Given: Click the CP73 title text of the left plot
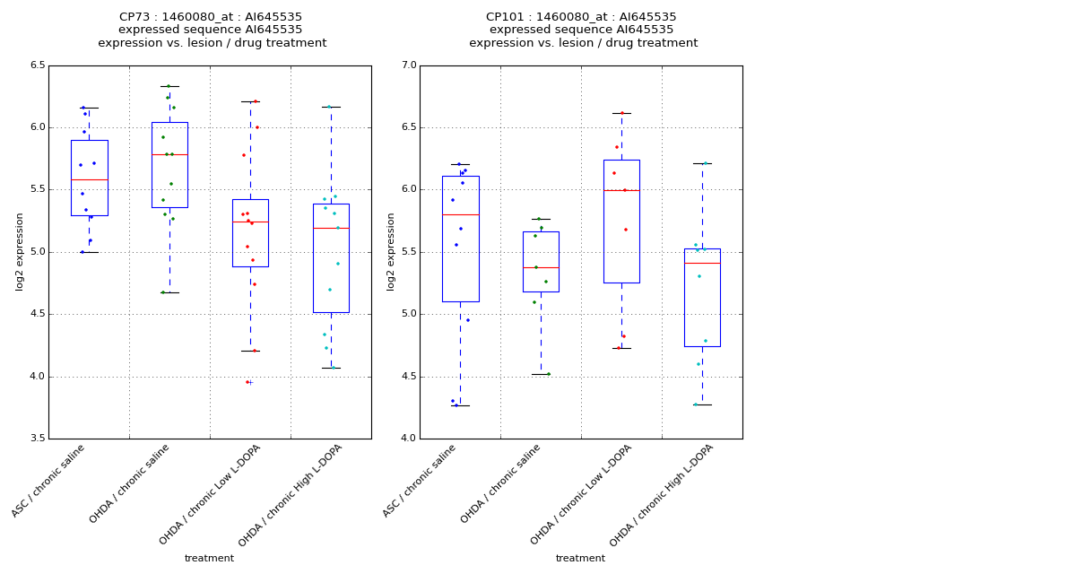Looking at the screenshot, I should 212,17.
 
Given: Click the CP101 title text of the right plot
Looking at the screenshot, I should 581,17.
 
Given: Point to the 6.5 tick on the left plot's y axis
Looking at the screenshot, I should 37,65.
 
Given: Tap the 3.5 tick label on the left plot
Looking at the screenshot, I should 37,439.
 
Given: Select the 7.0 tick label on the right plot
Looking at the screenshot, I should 408,65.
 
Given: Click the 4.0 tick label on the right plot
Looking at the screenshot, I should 408,439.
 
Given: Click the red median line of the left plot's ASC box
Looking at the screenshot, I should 89,179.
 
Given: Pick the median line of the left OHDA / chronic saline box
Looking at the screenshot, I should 169,154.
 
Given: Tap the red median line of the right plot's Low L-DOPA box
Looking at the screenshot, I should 621,190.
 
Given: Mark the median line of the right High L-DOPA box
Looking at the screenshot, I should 702,263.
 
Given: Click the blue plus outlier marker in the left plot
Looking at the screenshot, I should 251,382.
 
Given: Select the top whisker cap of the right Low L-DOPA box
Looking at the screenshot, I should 621,113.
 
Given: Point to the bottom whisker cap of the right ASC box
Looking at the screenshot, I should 460,405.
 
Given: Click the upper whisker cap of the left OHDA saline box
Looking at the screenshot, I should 169,86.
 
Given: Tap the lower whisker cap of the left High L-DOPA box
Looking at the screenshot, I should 331,368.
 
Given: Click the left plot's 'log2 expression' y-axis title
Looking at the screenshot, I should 20,251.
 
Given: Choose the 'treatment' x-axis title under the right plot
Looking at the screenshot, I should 580,558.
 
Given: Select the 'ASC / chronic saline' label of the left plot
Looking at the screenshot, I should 49,480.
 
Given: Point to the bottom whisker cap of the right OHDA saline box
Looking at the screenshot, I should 541,374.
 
